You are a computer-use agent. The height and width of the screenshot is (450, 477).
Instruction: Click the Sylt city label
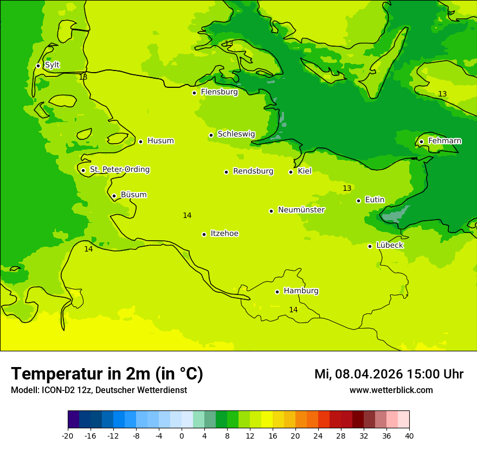(x=52, y=65)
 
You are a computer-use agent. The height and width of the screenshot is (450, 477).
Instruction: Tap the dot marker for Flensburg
(x=194, y=93)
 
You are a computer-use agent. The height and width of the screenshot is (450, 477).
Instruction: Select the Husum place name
(x=160, y=141)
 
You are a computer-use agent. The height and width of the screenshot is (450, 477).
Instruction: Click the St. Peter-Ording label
(x=119, y=170)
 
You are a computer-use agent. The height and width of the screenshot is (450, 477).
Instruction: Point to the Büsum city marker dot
(x=114, y=196)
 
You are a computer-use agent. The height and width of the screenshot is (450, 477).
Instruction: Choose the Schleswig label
(x=236, y=134)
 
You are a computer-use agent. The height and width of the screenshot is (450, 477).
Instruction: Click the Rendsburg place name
(x=253, y=171)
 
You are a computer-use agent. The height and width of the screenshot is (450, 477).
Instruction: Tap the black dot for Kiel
(x=291, y=172)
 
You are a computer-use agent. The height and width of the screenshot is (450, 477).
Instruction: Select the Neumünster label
(x=301, y=210)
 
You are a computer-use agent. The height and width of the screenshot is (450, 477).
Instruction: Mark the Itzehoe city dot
(x=204, y=234)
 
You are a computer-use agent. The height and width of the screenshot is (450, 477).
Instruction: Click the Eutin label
(x=375, y=200)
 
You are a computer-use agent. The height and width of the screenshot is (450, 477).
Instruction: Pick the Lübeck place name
(x=390, y=245)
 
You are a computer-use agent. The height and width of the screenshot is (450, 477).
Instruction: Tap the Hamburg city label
(x=301, y=291)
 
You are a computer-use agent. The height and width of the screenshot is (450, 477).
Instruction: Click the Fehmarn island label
(x=444, y=141)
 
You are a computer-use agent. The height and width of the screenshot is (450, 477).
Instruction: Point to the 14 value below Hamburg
(x=293, y=310)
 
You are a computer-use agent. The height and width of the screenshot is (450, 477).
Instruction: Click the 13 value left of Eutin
(x=347, y=188)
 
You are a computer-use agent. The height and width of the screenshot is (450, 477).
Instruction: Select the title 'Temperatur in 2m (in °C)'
(x=107, y=374)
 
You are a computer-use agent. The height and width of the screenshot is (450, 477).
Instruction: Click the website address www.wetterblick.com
(x=391, y=390)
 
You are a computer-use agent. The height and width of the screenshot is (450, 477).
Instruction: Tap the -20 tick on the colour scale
(x=68, y=436)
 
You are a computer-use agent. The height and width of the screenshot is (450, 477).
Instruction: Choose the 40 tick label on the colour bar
(x=409, y=436)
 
